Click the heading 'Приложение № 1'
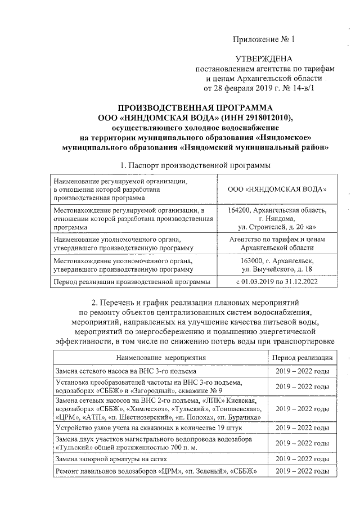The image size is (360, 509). (x=264, y=39)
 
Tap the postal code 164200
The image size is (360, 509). (x=241, y=210)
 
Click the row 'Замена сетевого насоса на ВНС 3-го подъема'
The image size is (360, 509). (x=125, y=371)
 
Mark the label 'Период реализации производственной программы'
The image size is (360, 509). (x=129, y=281)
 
